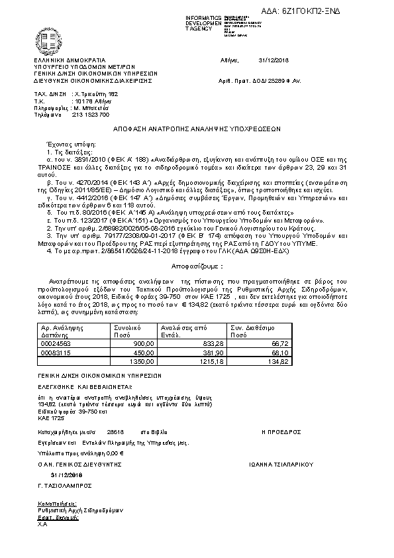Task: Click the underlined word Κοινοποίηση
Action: point(52,504)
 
